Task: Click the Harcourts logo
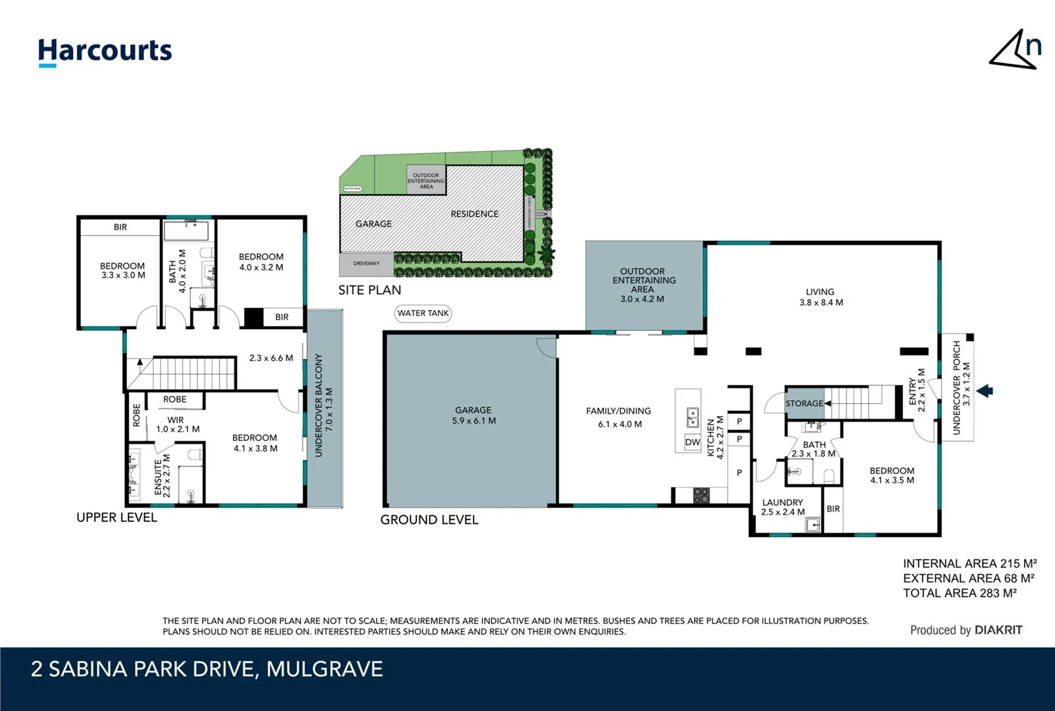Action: coord(105,51)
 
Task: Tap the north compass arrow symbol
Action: coord(1014,49)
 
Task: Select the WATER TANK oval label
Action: coord(423,313)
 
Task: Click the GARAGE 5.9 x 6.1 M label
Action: coord(474,415)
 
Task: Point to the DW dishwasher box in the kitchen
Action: coord(692,442)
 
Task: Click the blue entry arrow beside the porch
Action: coord(985,391)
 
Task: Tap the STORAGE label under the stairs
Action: coord(804,404)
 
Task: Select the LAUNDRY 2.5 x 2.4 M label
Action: coord(783,507)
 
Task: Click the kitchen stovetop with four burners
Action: coord(702,495)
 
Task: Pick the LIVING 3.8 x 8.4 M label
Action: coord(821,297)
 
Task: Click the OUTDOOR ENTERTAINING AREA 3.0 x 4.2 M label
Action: coord(642,285)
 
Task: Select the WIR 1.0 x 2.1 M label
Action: coord(176,425)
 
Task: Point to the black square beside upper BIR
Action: coord(253,317)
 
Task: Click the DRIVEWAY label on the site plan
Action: coord(366,263)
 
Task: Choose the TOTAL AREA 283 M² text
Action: coord(960,593)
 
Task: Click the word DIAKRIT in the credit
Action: coord(998,630)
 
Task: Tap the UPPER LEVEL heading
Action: coord(116,517)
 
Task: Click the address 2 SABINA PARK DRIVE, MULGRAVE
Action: coord(207,670)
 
